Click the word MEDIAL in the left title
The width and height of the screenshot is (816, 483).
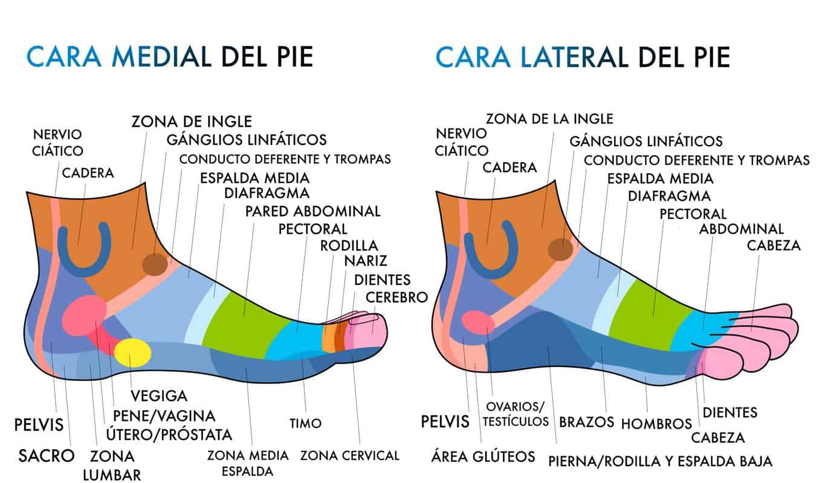pos(161,56)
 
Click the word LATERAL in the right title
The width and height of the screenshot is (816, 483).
pos(574,57)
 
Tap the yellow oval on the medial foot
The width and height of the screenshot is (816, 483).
pos(132,353)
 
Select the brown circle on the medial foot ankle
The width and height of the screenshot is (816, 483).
pos(155,264)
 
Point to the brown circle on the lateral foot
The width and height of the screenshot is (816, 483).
pos(561,249)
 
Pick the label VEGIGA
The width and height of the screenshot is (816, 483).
pos(159,396)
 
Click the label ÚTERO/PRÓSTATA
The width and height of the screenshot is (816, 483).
pos(169,434)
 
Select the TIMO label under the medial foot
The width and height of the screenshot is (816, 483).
pos(305,423)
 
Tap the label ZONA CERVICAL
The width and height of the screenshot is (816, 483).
pos(350,455)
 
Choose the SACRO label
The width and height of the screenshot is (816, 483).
pos(47,456)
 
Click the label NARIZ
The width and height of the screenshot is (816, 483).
pos(365,261)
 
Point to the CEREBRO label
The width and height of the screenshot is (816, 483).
pos(397,298)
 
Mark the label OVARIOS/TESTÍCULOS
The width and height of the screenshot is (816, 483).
pos(516,414)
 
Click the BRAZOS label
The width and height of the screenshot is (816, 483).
pos(586,422)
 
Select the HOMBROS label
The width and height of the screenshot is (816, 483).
pos(656,424)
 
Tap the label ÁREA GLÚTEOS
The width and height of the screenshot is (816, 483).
pos(484,456)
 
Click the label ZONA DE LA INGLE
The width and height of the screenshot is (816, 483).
pos(549,119)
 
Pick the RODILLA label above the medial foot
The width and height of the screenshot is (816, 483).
pos(349,246)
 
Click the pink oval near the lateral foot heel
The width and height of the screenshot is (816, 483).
pos(478,322)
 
